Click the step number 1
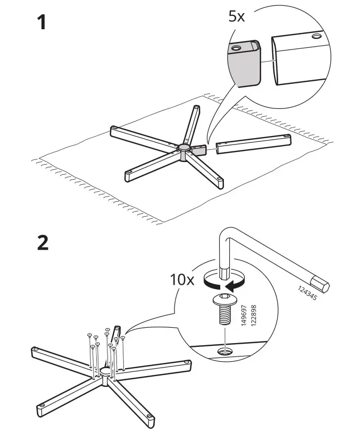40,23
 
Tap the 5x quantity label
236,16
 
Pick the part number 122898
253,317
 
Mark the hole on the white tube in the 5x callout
317,37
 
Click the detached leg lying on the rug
255,143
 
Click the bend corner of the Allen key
225,234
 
